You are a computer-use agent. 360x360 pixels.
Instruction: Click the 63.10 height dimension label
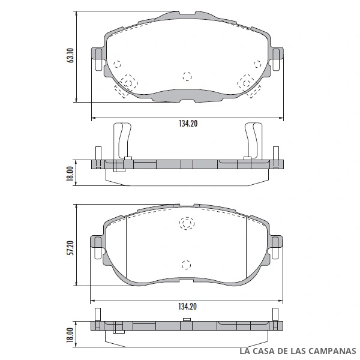tap(70, 56)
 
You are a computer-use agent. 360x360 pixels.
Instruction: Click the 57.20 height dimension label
tap(71, 248)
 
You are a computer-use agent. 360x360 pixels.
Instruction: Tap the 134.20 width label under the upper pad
tap(188, 124)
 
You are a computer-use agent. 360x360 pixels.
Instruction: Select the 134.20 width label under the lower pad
tap(187, 307)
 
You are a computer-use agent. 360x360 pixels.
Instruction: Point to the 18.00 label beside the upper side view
tap(70, 173)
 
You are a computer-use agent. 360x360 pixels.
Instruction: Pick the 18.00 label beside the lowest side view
tap(70, 335)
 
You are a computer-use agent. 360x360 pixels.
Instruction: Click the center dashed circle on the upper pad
tap(187, 76)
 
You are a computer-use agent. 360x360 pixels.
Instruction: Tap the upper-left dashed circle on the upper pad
tap(117, 64)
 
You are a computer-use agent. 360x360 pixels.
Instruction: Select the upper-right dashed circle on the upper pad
tap(257, 64)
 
